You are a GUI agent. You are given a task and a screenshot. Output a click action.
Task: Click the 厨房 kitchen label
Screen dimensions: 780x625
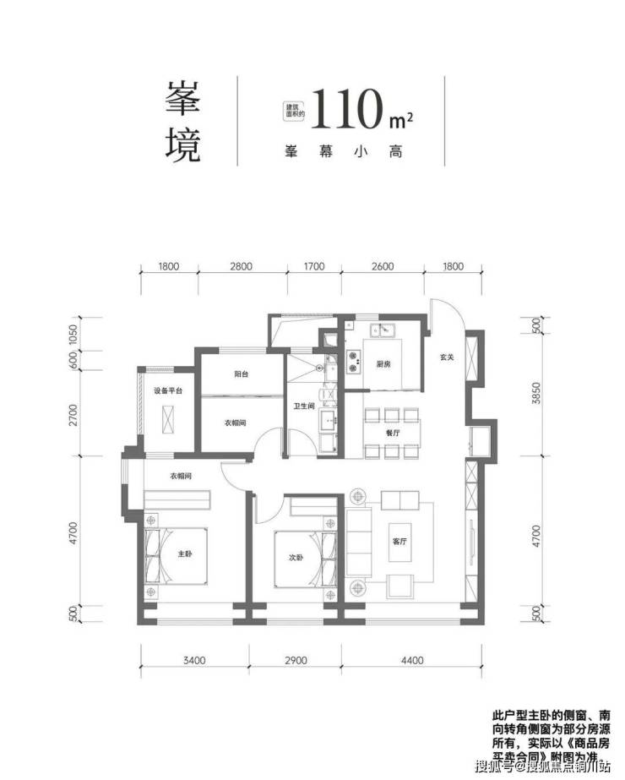click(x=383, y=365)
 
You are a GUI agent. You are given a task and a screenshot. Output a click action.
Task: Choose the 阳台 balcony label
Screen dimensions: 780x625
click(x=241, y=374)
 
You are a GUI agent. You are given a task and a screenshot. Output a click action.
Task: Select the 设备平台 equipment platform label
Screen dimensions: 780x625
click(x=168, y=391)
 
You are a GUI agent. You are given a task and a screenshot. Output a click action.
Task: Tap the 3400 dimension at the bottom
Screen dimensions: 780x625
click(x=193, y=661)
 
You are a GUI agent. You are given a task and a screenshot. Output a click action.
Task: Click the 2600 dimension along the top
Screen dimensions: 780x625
click(x=382, y=268)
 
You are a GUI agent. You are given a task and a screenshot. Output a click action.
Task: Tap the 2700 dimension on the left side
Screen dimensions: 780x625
click(x=73, y=414)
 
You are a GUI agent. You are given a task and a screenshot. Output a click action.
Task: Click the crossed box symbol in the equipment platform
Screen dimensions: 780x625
click(x=168, y=419)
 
